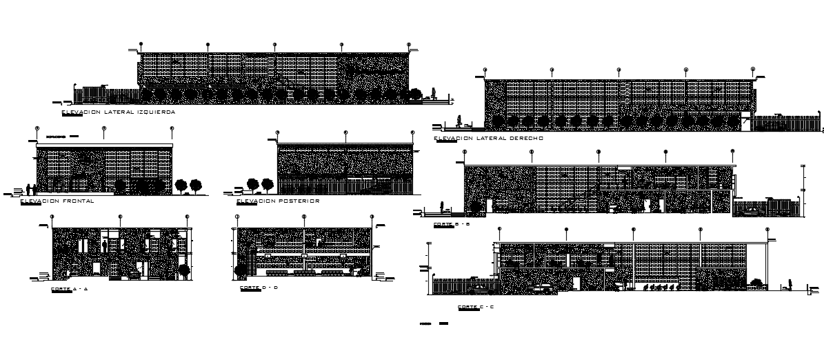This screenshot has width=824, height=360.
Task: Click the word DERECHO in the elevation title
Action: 525,138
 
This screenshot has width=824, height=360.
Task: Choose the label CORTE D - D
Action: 259,288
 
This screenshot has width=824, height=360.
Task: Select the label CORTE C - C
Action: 475,306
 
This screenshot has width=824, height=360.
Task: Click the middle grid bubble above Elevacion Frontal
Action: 104,128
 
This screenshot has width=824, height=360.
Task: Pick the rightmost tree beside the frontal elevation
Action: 196,185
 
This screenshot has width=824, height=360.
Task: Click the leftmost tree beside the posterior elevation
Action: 252,184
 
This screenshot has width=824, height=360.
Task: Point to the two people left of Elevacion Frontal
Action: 30,188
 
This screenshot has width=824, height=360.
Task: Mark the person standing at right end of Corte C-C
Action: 790,283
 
